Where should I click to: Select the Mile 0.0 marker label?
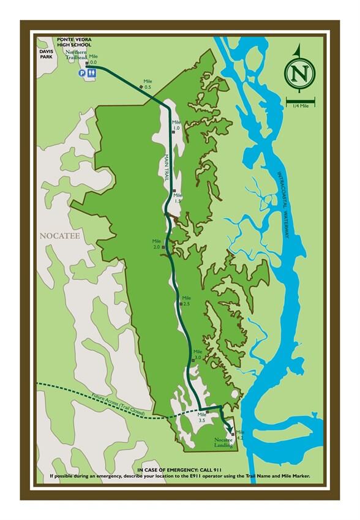click(93, 59)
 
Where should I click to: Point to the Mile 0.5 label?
click(147, 84)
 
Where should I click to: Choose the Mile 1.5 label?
click(178, 197)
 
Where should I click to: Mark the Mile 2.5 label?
click(186, 301)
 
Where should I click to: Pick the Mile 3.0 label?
click(197, 355)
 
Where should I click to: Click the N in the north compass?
click(299, 73)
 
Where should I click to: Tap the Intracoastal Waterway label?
click(282, 205)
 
